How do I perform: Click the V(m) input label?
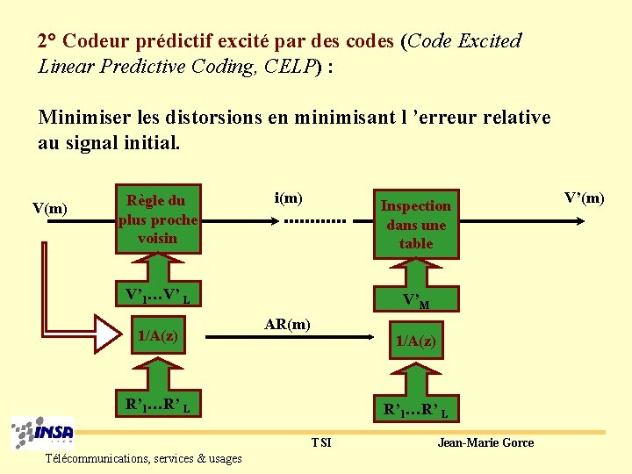click(49, 208)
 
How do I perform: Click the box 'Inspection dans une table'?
click(415, 224)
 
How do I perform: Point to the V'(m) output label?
click(584, 197)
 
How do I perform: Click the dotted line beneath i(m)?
click(314, 221)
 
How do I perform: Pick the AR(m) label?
click(287, 325)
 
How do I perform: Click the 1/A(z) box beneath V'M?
click(415, 340)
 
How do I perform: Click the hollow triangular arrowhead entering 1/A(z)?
click(110, 334)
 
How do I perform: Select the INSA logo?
click(42, 434)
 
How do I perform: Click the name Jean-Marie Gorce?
click(485, 442)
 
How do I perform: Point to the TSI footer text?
click(321, 442)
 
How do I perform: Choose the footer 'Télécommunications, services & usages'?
click(144, 458)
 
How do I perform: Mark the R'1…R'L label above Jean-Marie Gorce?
click(415, 409)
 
